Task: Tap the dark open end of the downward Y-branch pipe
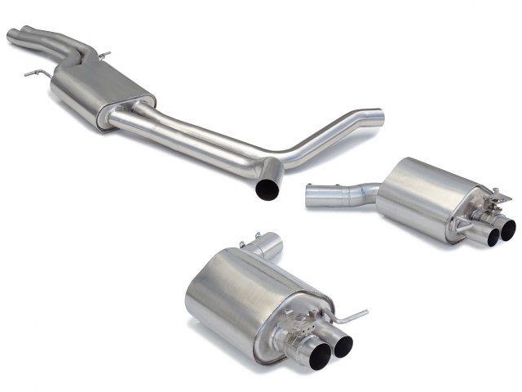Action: click(x=267, y=188)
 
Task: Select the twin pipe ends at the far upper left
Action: click(x=18, y=36)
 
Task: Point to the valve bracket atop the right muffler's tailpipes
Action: click(x=484, y=208)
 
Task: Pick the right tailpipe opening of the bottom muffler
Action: click(x=343, y=345)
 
